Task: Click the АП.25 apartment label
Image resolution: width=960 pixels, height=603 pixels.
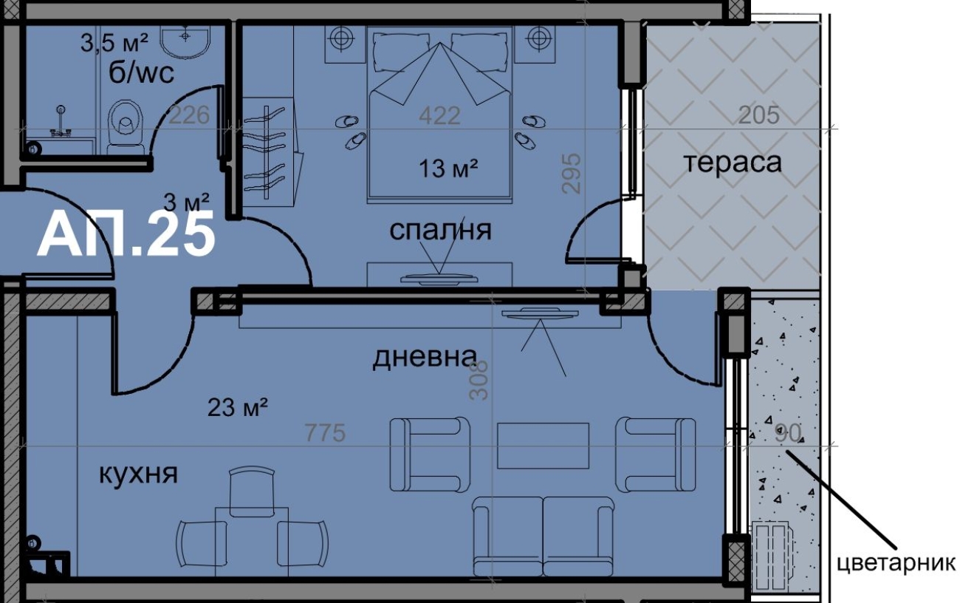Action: click(126, 234)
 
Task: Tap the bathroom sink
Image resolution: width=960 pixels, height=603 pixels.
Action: click(185, 41)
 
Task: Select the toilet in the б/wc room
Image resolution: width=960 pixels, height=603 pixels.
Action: click(125, 126)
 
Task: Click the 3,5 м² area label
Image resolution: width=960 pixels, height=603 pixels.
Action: click(114, 44)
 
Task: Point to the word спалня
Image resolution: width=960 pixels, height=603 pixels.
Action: click(440, 230)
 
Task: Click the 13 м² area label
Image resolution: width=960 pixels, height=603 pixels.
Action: click(448, 168)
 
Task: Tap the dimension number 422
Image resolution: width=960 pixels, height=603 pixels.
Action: click(439, 115)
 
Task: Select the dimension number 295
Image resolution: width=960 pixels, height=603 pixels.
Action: click(572, 174)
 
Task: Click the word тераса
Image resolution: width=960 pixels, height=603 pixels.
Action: click(733, 163)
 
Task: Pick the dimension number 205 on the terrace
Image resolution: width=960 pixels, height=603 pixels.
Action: click(759, 115)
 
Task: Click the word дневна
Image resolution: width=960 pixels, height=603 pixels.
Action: click(425, 357)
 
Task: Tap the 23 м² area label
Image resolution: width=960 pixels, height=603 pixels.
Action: click(238, 407)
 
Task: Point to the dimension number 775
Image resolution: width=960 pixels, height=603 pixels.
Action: click(325, 433)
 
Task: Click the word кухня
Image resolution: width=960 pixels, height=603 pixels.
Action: click(138, 474)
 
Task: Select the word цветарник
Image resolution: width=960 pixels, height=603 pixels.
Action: click(896, 563)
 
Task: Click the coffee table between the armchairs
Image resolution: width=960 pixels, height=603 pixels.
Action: click(543, 446)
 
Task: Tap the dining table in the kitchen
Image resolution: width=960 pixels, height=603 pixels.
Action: click(252, 542)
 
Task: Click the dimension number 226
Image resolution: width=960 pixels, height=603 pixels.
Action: click(190, 115)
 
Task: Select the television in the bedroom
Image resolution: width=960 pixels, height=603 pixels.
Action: click(439, 279)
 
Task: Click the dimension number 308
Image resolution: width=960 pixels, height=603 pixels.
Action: click(479, 381)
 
